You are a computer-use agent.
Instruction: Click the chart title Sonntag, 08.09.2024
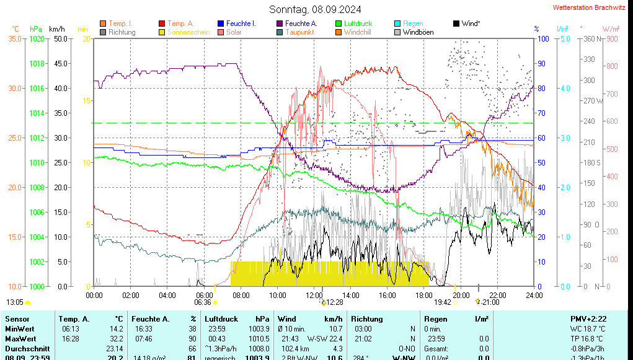click(x=315, y=9)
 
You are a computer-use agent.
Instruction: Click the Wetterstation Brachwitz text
click(x=588, y=7)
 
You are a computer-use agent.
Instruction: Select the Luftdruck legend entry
click(x=358, y=24)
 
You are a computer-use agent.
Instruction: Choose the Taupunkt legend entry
click(x=299, y=32)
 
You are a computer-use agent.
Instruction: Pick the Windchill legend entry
click(x=358, y=32)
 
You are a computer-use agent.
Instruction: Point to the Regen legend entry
click(x=413, y=24)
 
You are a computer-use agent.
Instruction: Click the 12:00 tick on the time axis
click(x=314, y=295)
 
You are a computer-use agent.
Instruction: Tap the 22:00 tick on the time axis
click(x=498, y=295)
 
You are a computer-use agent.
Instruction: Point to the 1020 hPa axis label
click(x=37, y=38)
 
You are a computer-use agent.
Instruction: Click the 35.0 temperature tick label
click(x=15, y=38)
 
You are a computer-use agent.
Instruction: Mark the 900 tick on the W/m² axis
click(x=611, y=38)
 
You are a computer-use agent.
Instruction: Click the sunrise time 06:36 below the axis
click(x=203, y=302)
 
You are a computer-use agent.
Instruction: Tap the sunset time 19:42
click(x=442, y=302)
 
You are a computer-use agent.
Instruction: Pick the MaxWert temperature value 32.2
click(x=115, y=339)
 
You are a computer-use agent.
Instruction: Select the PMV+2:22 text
click(x=588, y=318)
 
